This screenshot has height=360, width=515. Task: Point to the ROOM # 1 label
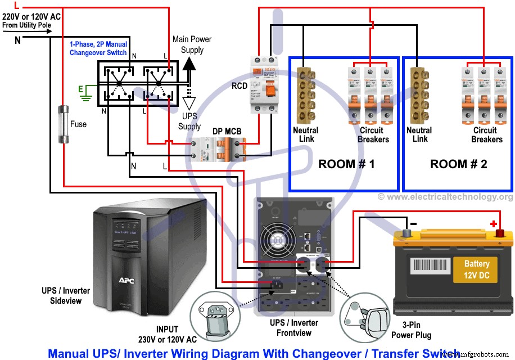(346, 164)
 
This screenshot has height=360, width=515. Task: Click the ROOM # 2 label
(458, 164)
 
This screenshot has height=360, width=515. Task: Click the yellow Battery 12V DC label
(476, 268)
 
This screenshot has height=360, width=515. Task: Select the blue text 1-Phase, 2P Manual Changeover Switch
(98, 48)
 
